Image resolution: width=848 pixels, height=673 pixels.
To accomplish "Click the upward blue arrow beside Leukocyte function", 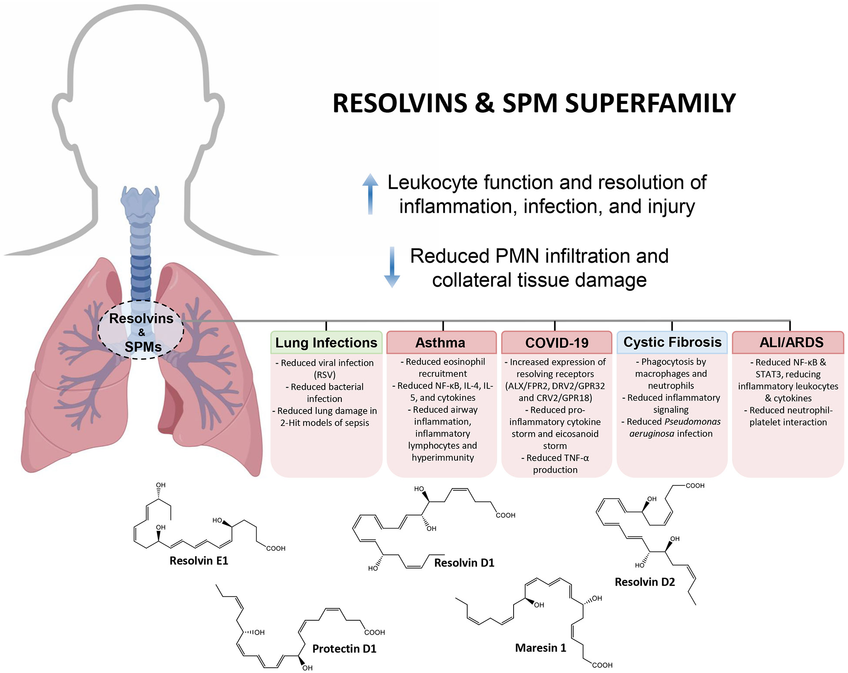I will tap(370, 194).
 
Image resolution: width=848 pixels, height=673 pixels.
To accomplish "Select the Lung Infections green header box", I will tap(326, 343).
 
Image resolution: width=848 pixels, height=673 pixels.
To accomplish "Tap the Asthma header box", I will tap(441, 343).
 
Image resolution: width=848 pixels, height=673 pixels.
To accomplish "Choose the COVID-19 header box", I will tap(556, 343).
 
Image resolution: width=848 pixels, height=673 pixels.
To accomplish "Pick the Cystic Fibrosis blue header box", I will tap(672, 342).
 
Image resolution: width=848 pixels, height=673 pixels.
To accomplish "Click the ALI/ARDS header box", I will tap(788, 342).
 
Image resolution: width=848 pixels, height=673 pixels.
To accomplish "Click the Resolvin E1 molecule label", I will tap(199, 561).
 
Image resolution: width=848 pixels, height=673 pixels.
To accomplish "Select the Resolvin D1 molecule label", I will tap(464, 563).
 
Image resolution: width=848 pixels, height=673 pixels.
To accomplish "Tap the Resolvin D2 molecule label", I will tap(644, 582).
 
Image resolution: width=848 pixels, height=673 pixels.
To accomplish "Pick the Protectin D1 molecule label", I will tap(344, 649).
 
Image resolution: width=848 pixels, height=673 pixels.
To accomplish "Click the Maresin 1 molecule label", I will tap(541, 648).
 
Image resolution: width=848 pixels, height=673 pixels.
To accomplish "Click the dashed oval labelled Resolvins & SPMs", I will tap(141, 331).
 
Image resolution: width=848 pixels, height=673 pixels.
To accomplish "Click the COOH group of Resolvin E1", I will tap(276, 549).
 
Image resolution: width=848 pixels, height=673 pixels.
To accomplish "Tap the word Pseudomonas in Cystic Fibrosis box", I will tap(692, 422).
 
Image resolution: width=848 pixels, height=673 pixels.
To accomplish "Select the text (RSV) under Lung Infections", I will tap(324, 375).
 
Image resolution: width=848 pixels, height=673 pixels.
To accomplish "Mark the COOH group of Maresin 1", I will tap(602, 665).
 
